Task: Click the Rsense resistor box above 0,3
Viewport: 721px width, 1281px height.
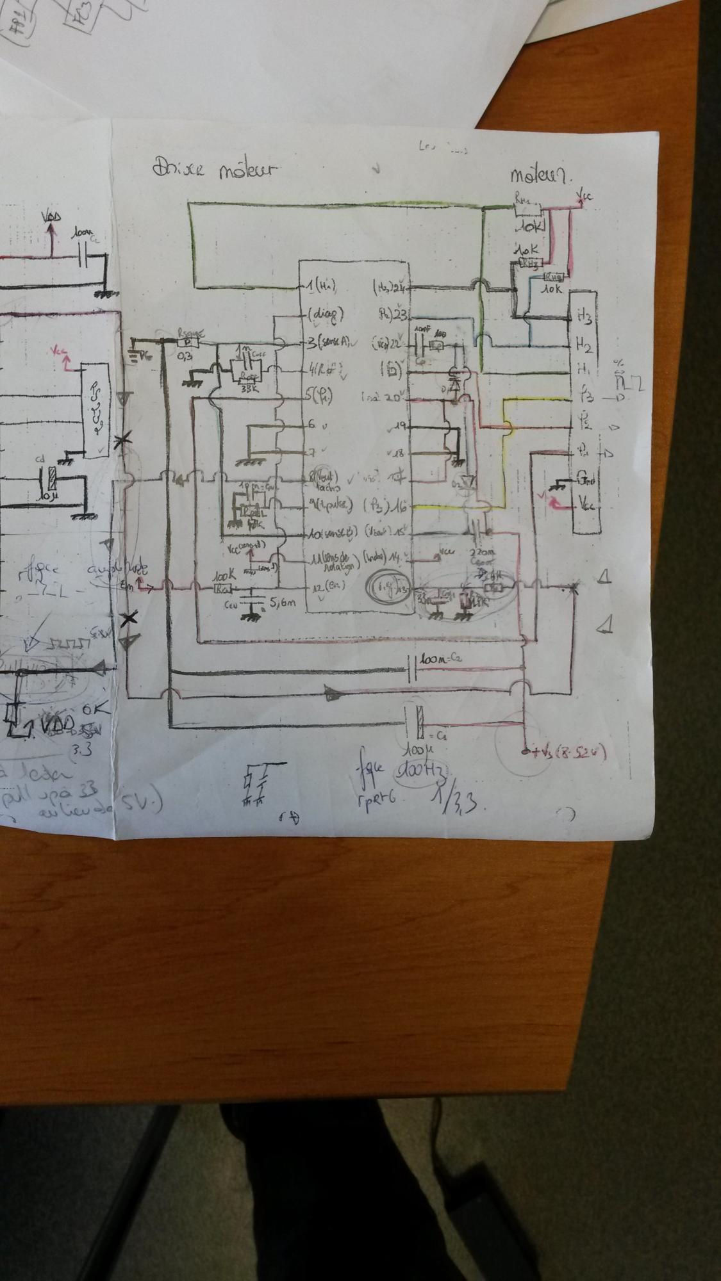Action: point(190,342)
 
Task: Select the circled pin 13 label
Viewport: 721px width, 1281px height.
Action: point(388,586)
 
